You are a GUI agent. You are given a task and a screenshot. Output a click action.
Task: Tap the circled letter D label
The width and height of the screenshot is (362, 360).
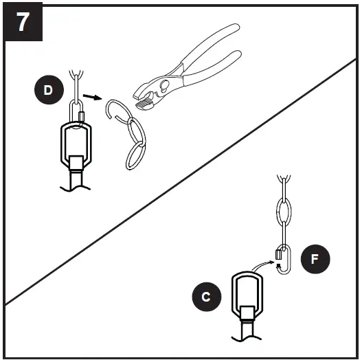point(47,90)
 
